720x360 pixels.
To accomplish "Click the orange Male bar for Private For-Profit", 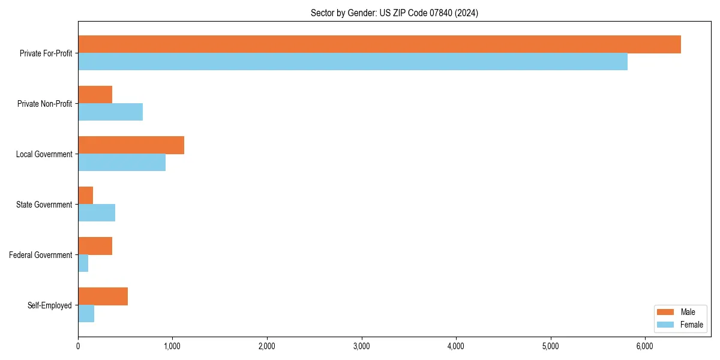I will coord(379,44).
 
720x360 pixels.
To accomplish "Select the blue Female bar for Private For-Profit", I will coord(353,61).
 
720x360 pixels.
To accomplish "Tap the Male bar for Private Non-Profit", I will coord(95,95).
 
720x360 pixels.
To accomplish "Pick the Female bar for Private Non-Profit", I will coord(110,112).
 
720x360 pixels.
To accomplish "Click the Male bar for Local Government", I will coord(131,145).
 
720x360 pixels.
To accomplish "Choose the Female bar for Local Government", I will coord(122,162).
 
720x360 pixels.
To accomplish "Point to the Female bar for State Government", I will coord(97,212).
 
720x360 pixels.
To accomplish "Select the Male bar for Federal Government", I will coord(95,246).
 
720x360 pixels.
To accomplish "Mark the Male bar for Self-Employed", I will coord(103,296).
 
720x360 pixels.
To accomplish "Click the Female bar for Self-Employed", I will coord(86,313).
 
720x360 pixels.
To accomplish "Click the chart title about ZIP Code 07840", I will coord(394,13).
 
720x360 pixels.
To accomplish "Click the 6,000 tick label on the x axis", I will coord(644,346).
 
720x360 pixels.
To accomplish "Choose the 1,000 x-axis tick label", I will coord(172,346).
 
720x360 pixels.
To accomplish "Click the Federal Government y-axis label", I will coord(41,255).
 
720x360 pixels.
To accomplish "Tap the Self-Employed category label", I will coord(50,305).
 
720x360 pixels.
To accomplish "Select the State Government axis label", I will coord(44,205).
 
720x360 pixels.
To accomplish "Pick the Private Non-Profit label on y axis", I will coord(44,104).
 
